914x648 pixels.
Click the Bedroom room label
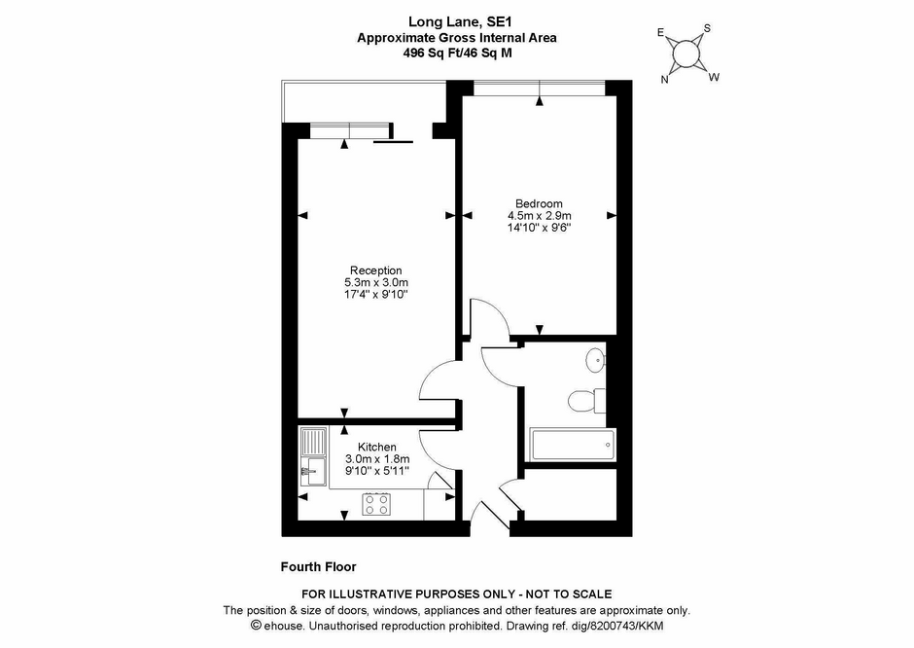tap(539, 203)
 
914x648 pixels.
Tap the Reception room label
tap(376, 270)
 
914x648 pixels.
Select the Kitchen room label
tap(377, 448)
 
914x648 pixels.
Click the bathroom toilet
tap(581, 401)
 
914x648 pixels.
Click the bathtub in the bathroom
tap(573, 445)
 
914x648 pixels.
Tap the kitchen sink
tap(313, 471)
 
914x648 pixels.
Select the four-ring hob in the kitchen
tap(376, 504)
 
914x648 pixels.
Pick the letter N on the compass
tap(664, 80)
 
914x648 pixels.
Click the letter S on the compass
tap(707, 28)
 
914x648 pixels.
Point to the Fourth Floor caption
tap(318, 566)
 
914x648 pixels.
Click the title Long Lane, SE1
tap(457, 22)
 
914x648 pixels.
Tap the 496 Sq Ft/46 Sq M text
tap(457, 53)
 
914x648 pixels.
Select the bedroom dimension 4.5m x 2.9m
tap(540, 216)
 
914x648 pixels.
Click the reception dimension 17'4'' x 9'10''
tap(376, 295)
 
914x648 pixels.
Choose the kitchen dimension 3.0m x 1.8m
tap(377, 459)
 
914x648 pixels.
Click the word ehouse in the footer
tap(284, 626)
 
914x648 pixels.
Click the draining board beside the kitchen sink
tap(314, 443)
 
